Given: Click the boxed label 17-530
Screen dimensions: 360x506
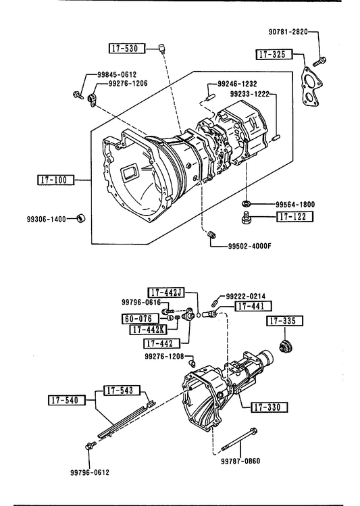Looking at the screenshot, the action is pyautogui.click(x=126, y=49).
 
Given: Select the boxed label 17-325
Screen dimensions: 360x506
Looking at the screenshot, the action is pyautogui.click(x=274, y=54).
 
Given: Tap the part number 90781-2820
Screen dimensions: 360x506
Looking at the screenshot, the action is pyautogui.click(x=288, y=32).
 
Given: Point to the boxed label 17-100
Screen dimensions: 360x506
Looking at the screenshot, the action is pyautogui.click(x=55, y=180).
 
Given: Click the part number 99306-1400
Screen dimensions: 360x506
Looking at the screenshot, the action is pyautogui.click(x=46, y=220).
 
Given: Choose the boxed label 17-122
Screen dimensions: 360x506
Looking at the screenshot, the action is pyautogui.click(x=295, y=217).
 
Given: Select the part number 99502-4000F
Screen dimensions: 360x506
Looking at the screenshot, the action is pyautogui.click(x=250, y=246).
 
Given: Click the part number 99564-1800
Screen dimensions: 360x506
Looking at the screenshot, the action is pyautogui.click(x=295, y=205).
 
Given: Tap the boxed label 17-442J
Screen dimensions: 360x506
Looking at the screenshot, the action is pyautogui.click(x=166, y=293).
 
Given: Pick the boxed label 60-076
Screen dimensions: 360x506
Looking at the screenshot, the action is pyautogui.click(x=140, y=319).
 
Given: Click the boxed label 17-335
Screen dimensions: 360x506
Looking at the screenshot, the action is pyautogui.click(x=285, y=321).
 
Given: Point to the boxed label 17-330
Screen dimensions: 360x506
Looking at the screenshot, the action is pyautogui.click(x=269, y=407).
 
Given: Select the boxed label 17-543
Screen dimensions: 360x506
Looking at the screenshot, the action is pyautogui.click(x=122, y=390).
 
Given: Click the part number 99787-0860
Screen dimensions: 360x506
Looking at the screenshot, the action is pyautogui.click(x=240, y=461).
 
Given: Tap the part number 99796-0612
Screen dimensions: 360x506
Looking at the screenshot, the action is pyautogui.click(x=90, y=472).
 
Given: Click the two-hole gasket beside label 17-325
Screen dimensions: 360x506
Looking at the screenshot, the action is pyautogui.click(x=311, y=86).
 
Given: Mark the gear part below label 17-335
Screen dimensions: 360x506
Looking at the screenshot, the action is pyautogui.click(x=286, y=347).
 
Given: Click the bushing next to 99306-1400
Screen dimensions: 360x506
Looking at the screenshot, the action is pyautogui.click(x=81, y=218).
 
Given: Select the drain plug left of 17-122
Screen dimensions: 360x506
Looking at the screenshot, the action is pyautogui.click(x=247, y=217).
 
